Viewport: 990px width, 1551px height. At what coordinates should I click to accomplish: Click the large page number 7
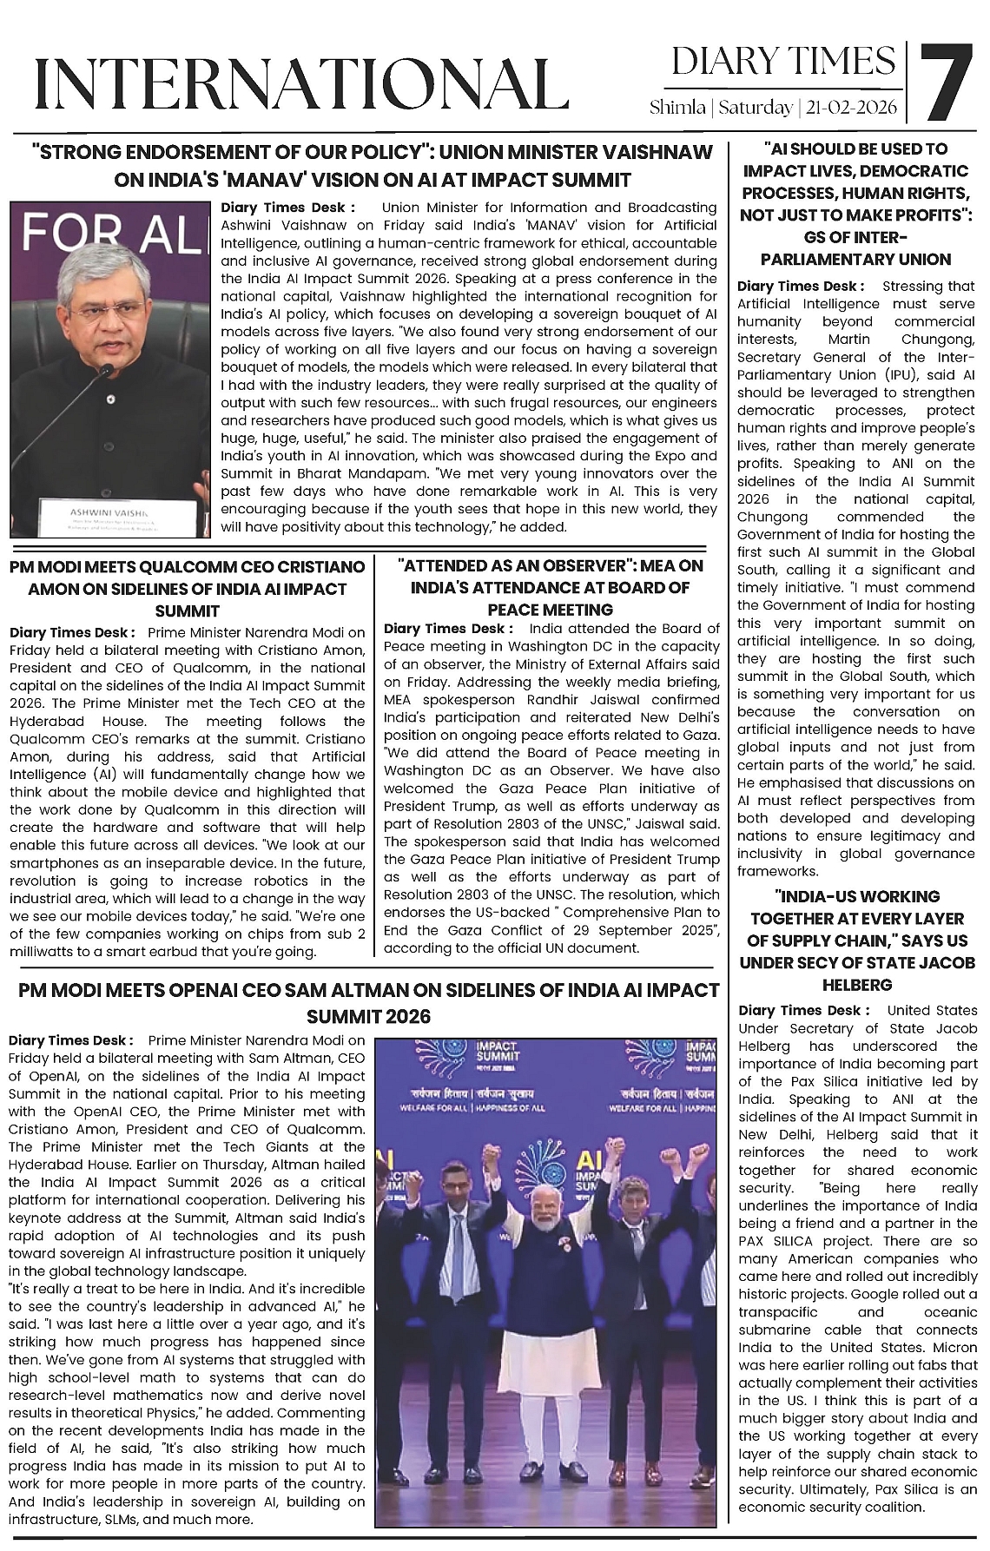[947, 83]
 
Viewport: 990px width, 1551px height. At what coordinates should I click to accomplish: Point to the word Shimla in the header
[677, 109]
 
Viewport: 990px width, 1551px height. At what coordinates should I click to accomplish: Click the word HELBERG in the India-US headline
[857, 985]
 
